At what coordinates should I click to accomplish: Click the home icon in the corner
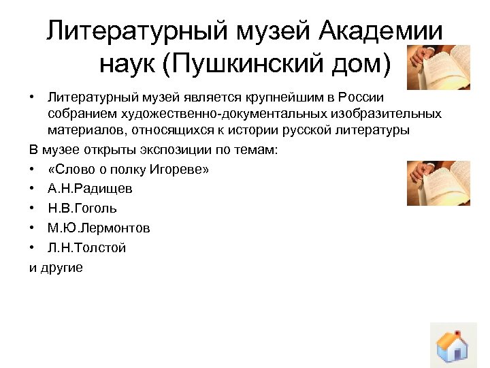452,346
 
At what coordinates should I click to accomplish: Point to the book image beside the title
439,67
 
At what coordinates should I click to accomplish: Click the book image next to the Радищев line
439,183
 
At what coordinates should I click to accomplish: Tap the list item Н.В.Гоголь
82,209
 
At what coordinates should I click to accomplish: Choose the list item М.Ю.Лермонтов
99,228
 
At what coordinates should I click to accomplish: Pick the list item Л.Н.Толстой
86,248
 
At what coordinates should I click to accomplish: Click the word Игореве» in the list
180,169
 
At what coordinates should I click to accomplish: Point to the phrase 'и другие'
56,268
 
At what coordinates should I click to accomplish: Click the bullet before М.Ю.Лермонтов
33,228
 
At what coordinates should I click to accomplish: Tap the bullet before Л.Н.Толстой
33,248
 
